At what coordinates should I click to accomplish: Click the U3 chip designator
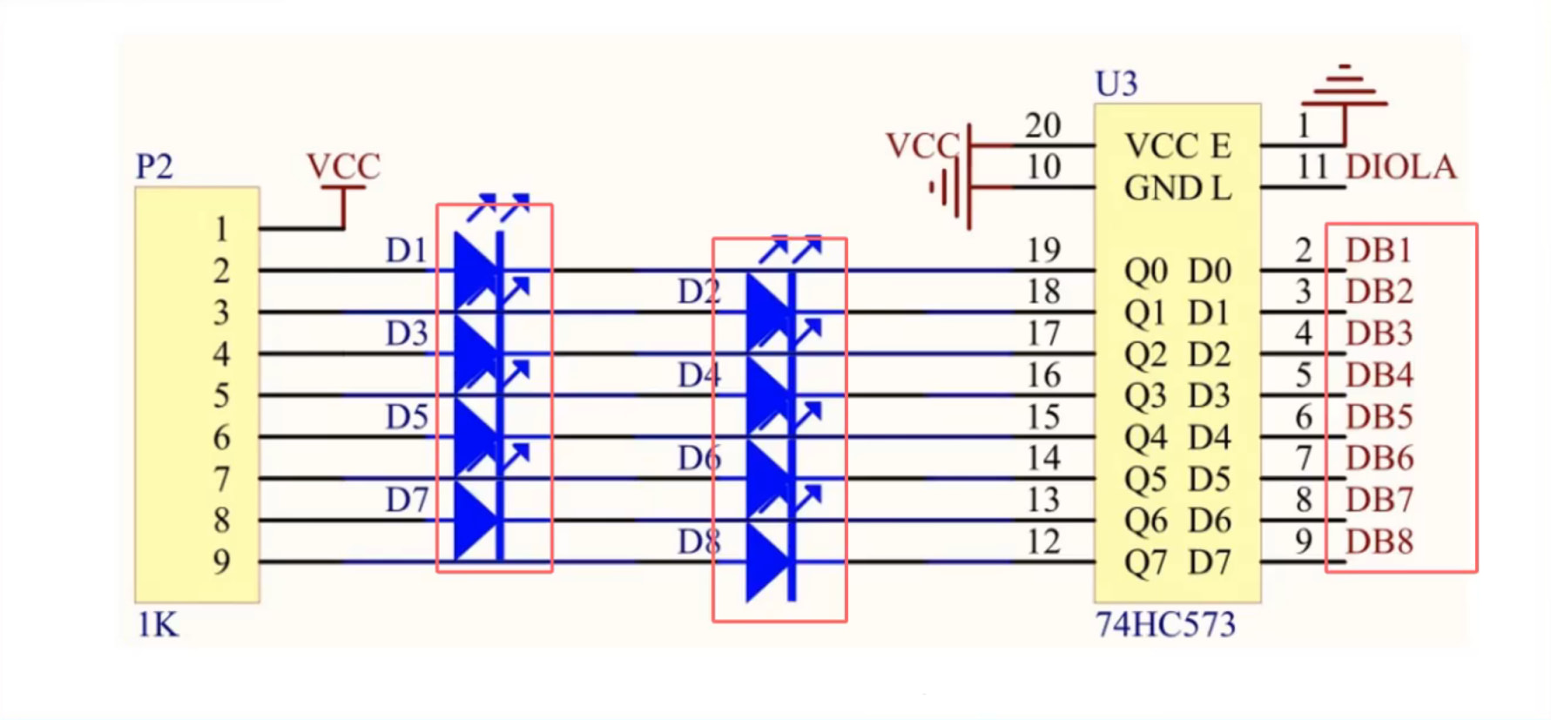(1116, 84)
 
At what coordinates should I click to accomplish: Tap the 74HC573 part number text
(1164, 624)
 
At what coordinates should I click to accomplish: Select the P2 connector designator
(154, 166)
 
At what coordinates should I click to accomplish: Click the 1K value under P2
(158, 624)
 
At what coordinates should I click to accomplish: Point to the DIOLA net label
(1400, 166)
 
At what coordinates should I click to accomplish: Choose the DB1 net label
(1378, 250)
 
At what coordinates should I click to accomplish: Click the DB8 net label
(1379, 542)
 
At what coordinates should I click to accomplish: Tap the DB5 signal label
(1379, 417)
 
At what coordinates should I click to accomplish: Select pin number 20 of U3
(1042, 126)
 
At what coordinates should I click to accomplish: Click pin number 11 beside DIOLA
(1312, 166)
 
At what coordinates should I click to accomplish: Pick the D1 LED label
(407, 251)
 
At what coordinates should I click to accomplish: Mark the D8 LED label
(699, 542)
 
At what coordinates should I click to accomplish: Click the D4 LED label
(699, 375)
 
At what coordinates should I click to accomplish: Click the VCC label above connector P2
(343, 166)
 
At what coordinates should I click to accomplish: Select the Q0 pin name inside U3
(1144, 272)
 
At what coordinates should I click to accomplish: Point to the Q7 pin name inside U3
(1144, 563)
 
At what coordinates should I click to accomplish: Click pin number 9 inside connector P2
(221, 562)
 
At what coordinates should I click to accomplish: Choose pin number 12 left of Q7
(1042, 542)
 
